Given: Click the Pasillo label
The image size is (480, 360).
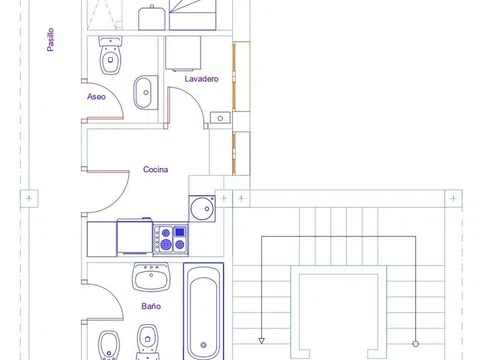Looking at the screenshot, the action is (x=50, y=40).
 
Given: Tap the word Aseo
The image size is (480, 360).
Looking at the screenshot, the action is (x=96, y=97).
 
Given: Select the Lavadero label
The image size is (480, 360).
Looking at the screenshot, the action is (x=202, y=79).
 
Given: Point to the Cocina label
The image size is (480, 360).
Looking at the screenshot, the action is (x=155, y=169).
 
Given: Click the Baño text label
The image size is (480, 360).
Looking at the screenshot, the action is (x=151, y=306).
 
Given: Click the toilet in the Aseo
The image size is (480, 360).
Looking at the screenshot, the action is (x=111, y=55).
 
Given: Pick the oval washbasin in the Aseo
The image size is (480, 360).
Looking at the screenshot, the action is (x=146, y=92).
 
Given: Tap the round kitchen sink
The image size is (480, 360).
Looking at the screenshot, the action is (x=202, y=209).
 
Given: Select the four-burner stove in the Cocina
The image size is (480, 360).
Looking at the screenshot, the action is (x=171, y=240).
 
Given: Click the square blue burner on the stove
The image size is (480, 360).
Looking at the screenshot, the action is (x=180, y=232).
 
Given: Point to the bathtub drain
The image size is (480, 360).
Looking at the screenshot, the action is (x=203, y=345).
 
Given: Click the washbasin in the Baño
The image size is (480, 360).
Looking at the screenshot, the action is (x=151, y=277).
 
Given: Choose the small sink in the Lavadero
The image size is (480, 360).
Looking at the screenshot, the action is (x=220, y=118).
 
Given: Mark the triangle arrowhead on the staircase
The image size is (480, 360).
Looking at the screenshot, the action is (x=262, y=341).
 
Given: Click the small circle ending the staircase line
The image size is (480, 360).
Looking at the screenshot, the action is (x=415, y=344).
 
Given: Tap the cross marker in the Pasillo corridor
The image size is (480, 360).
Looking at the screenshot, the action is (x=29, y=199).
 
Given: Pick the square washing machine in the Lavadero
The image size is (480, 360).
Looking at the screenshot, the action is (x=183, y=53).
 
